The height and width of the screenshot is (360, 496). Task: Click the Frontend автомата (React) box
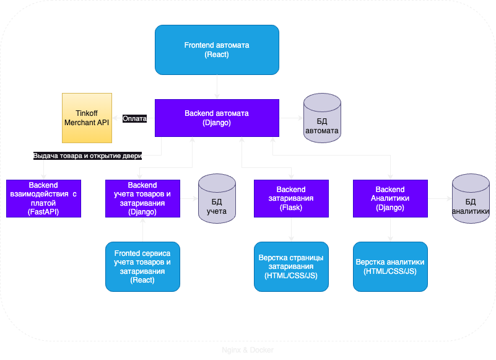point(217,50)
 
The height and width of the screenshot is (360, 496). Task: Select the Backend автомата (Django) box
point(217,118)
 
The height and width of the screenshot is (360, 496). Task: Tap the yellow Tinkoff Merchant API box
point(87,118)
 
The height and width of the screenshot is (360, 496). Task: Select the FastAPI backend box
point(43,198)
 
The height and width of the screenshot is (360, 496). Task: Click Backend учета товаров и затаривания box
point(142,198)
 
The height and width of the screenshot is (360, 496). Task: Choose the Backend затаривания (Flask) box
point(291,198)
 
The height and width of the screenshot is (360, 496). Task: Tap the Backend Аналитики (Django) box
point(390,198)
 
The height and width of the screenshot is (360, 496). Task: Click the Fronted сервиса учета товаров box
point(142,266)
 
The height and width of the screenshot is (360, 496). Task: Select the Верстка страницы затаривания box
point(291,266)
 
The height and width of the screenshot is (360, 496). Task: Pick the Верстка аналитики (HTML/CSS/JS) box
point(390,266)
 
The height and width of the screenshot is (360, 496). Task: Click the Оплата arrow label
point(134,118)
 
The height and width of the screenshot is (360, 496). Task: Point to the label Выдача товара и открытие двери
point(87,156)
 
